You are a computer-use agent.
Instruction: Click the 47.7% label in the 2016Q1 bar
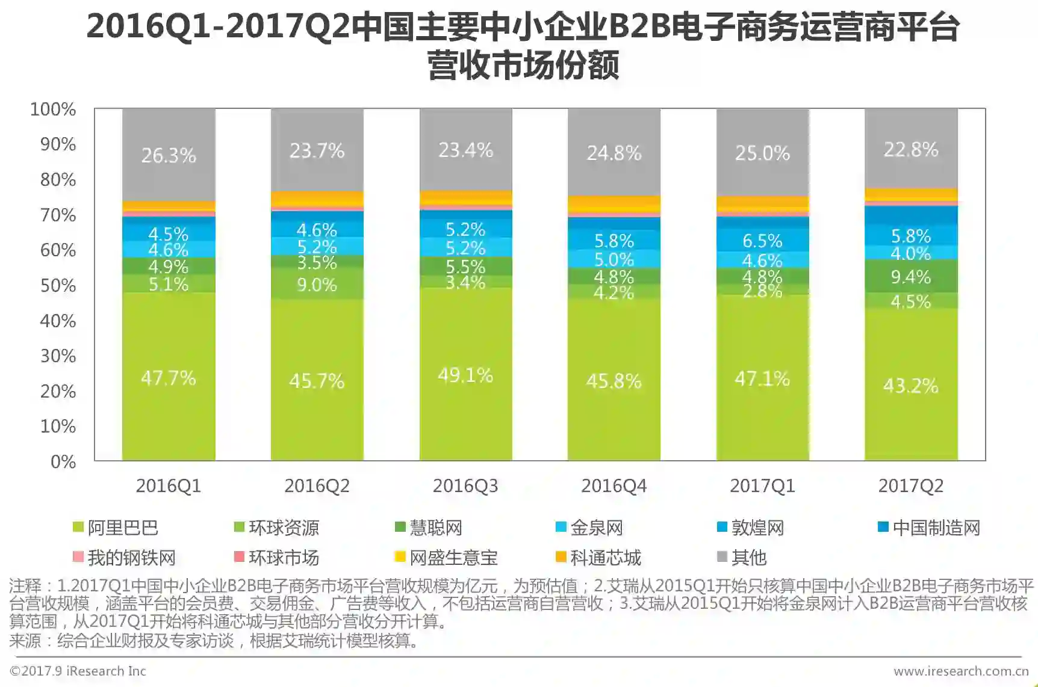tap(169, 378)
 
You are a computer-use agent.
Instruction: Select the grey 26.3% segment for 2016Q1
tap(169, 155)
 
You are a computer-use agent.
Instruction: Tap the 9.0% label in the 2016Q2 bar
tap(317, 285)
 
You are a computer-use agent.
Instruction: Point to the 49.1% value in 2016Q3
tap(465, 375)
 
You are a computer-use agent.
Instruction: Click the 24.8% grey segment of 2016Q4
tap(614, 153)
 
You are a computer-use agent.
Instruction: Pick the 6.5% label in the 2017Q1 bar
tap(762, 241)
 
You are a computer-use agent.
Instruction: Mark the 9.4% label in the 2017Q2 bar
tap(911, 277)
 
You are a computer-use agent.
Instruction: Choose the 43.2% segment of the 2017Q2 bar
tap(911, 386)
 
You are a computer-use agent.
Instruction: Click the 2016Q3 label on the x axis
tap(465, 486)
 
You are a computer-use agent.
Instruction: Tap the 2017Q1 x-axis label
tap(762, 486)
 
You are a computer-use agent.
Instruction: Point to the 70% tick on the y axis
tap(58, 215)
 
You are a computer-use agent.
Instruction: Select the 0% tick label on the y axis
tap(63, 461)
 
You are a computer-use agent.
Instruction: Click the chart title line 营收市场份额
tap(523, 65)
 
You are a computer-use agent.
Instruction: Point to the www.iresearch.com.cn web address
tap(961, 671)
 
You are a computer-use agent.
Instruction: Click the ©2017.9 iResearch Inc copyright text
tap(78, 671)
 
